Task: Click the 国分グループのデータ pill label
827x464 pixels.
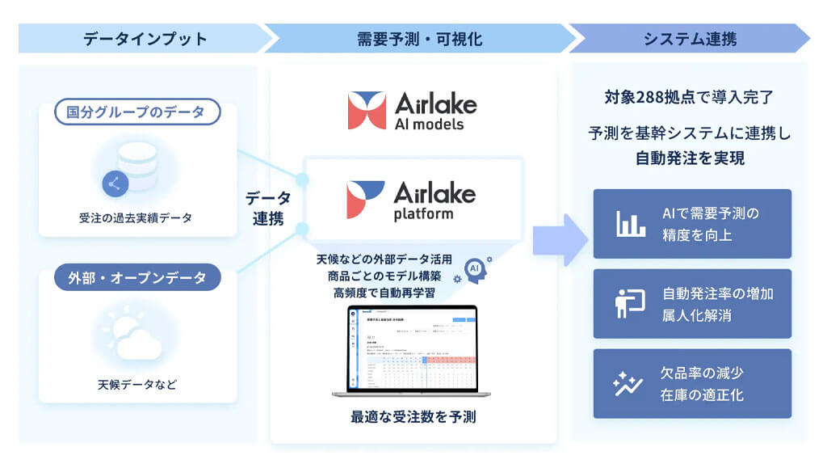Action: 138,112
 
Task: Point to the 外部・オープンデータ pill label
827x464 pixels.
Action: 138,278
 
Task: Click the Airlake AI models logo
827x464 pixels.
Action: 413,111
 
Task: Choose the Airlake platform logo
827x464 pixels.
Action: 413,200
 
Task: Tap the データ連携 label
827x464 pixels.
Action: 268,208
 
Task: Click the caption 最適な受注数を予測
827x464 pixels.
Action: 413,417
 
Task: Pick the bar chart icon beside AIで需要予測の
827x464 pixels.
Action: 631,224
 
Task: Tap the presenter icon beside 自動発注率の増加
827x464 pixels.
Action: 629,303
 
